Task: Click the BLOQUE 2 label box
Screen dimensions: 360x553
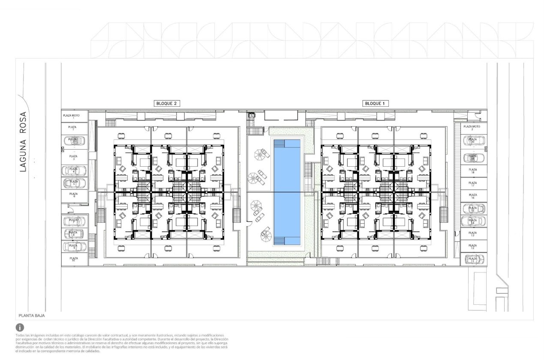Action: tap(167, 103)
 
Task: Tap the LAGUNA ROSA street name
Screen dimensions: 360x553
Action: tap(23, 141)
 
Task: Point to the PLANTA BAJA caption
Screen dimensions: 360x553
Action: tap(32, 315)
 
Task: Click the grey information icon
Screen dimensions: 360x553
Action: tap(20, 328)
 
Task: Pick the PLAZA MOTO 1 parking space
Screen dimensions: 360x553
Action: tap(74, 116)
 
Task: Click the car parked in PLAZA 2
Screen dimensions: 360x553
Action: tap(74, 141)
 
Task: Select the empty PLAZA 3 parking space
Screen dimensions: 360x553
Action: tap(74, 158)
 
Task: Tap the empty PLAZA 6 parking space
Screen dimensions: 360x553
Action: tap(74, 195)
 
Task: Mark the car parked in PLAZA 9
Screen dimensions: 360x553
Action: tap(74, 246)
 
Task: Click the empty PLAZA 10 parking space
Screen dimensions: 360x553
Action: tap(74, 259)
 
